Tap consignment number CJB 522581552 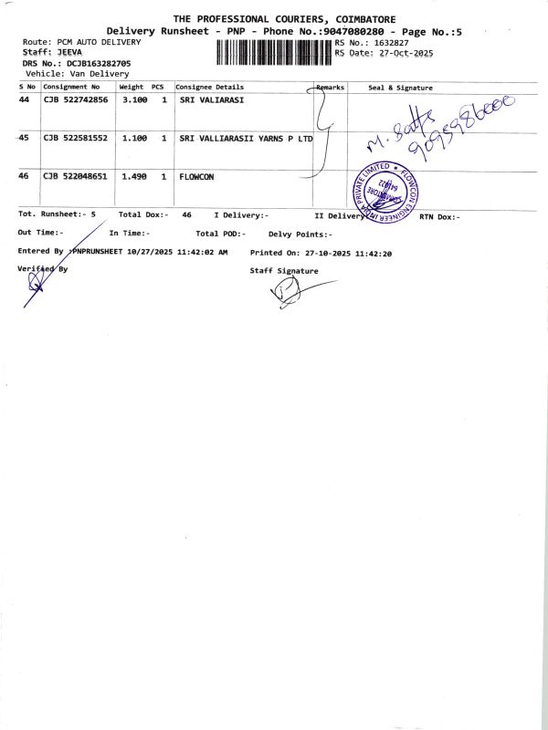[76, 138]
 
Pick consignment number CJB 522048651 [76, 177]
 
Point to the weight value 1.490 [134, 177]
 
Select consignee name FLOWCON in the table [196, 177]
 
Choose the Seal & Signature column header [400, 88]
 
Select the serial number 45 [24, 138]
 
